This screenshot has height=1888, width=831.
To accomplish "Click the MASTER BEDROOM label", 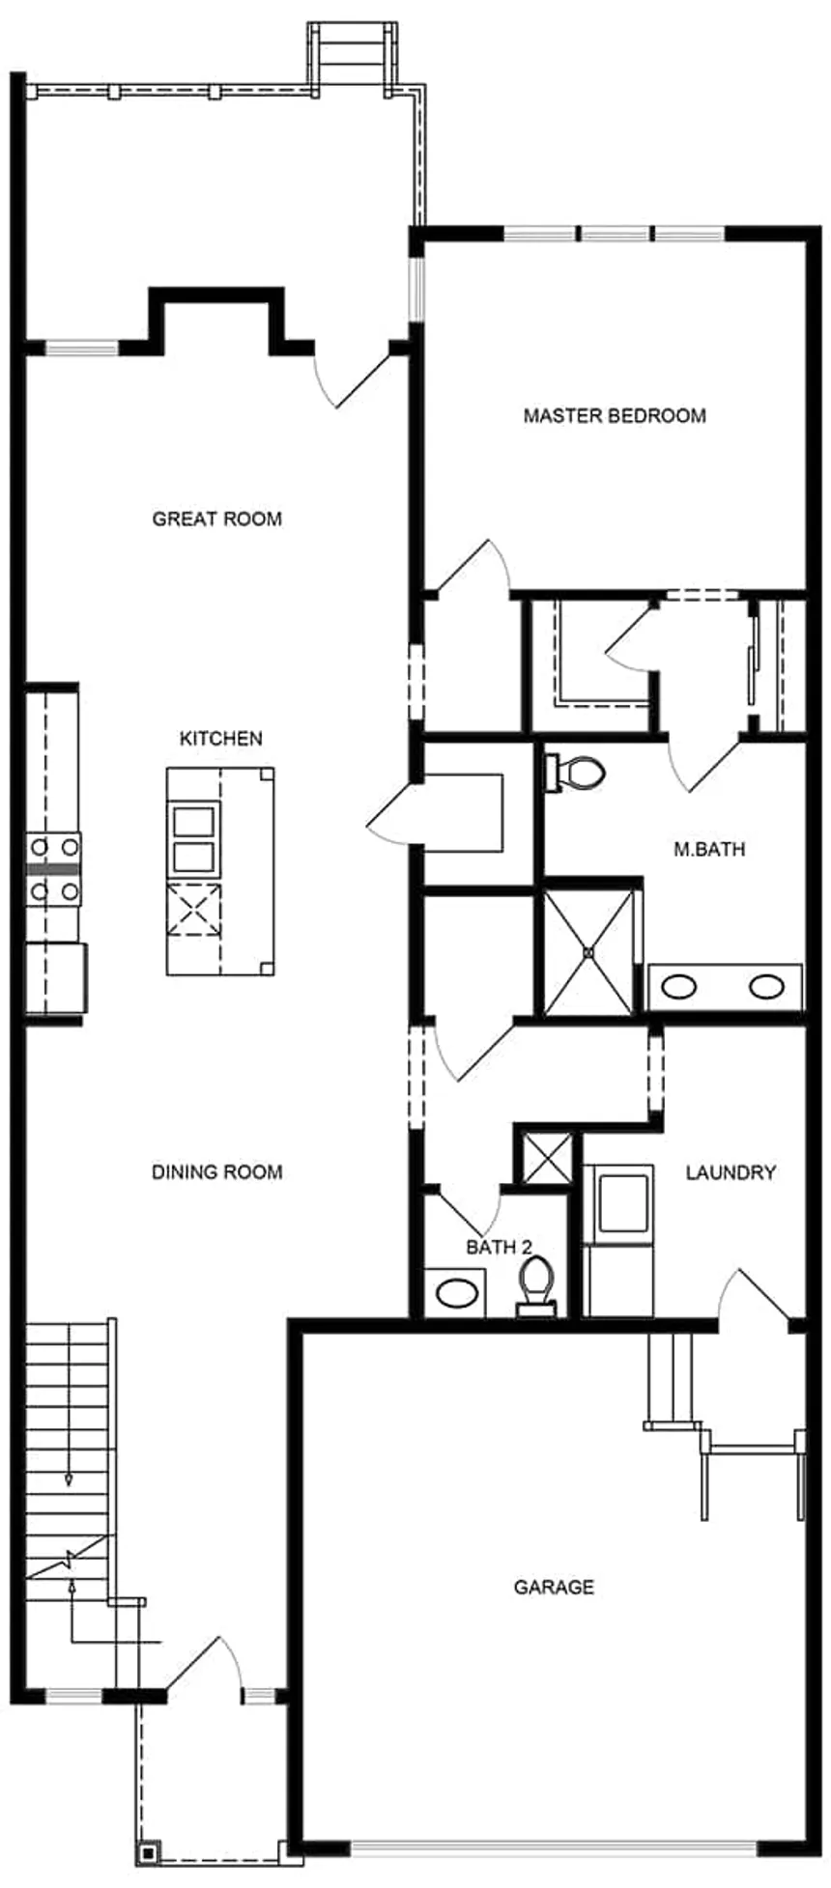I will pos(615,416).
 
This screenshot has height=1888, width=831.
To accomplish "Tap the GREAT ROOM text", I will pos(217,520).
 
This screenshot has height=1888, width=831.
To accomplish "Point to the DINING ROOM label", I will pos(217,1172).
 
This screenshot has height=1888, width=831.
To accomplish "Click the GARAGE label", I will pos(554,1587).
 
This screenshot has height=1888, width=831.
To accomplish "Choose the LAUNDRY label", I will pos(731,1172).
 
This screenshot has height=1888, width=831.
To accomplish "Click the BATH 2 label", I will pos(499,1248).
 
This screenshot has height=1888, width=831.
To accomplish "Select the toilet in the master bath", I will pos(577,772).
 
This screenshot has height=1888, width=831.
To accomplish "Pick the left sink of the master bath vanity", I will pos(679,987).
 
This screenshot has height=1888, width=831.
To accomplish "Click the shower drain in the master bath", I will pos(588,952).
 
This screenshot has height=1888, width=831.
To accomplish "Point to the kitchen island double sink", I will pos(192,839).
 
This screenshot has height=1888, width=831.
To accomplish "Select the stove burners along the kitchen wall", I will pos(54,869).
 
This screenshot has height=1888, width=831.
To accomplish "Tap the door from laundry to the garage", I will pos(759,1298).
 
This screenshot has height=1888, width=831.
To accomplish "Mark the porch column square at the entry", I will pos(148,1853).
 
